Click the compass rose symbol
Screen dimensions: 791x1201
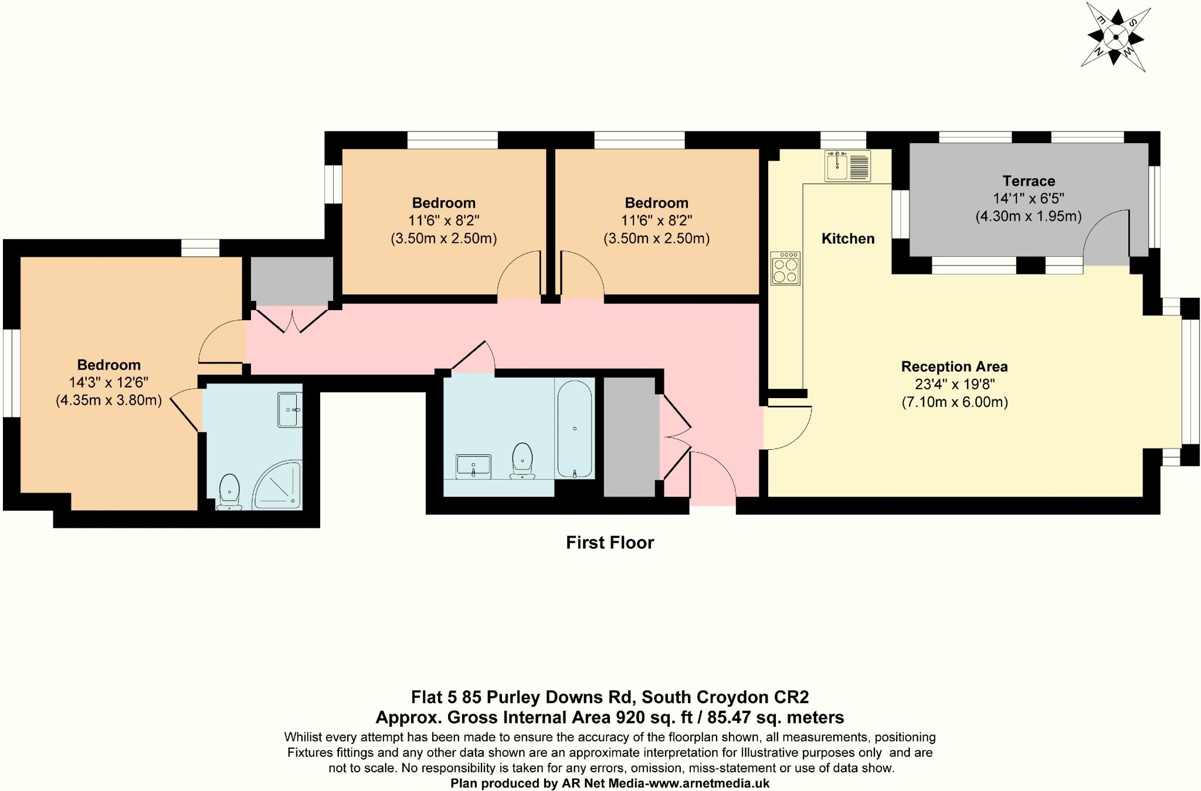coord(1115,38)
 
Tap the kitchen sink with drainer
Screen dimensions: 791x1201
coord(847,166)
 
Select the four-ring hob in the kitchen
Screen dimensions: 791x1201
coord(785,269)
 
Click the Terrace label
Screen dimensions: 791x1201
coord(1028,181)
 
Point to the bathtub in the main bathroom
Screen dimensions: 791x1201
coord(574,429)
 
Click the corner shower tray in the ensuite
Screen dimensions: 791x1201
coord(278,486)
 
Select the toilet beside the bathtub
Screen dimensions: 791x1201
coord(522,461)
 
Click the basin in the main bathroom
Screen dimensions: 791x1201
coord(473,467)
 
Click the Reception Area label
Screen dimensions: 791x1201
coord(954,367)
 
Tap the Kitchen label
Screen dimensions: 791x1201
coord(847,239)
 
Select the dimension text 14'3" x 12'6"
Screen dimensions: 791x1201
coord(108,383)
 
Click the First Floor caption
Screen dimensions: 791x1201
coord(609,543)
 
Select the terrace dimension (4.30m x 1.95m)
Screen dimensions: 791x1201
coord(1028,216)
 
